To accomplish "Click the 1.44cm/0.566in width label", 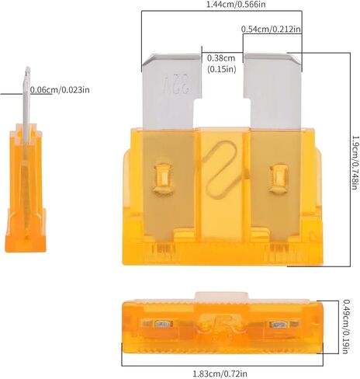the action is click(236, 5).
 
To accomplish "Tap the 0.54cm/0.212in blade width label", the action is click(271, 29).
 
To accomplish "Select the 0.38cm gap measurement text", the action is click(221, 57).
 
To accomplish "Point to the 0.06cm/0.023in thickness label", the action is click(60, 90).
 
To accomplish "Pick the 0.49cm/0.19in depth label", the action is click(345, 327).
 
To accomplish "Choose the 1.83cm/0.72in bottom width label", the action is click(220, 374).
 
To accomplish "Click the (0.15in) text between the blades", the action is click(221, 69).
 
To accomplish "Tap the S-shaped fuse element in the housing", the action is click(222, 169).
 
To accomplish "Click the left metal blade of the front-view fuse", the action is click(171, 91).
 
